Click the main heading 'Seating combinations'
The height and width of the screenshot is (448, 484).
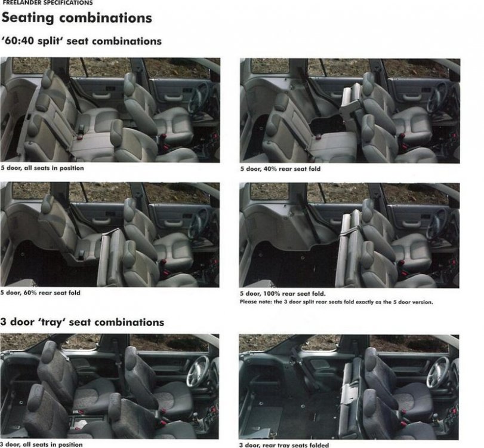point(76,18)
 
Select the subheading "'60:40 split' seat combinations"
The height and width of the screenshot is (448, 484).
point(82,41)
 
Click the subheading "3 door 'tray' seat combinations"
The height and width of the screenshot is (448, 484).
point(82,322)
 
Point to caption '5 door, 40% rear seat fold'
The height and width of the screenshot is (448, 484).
point(280,169)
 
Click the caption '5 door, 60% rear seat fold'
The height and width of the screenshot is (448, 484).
point(41,293)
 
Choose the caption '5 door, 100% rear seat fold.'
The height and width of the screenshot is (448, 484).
point(282,294)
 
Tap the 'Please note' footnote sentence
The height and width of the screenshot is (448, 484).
point(336,302)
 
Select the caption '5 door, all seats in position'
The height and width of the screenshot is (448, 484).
point(42,168)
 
